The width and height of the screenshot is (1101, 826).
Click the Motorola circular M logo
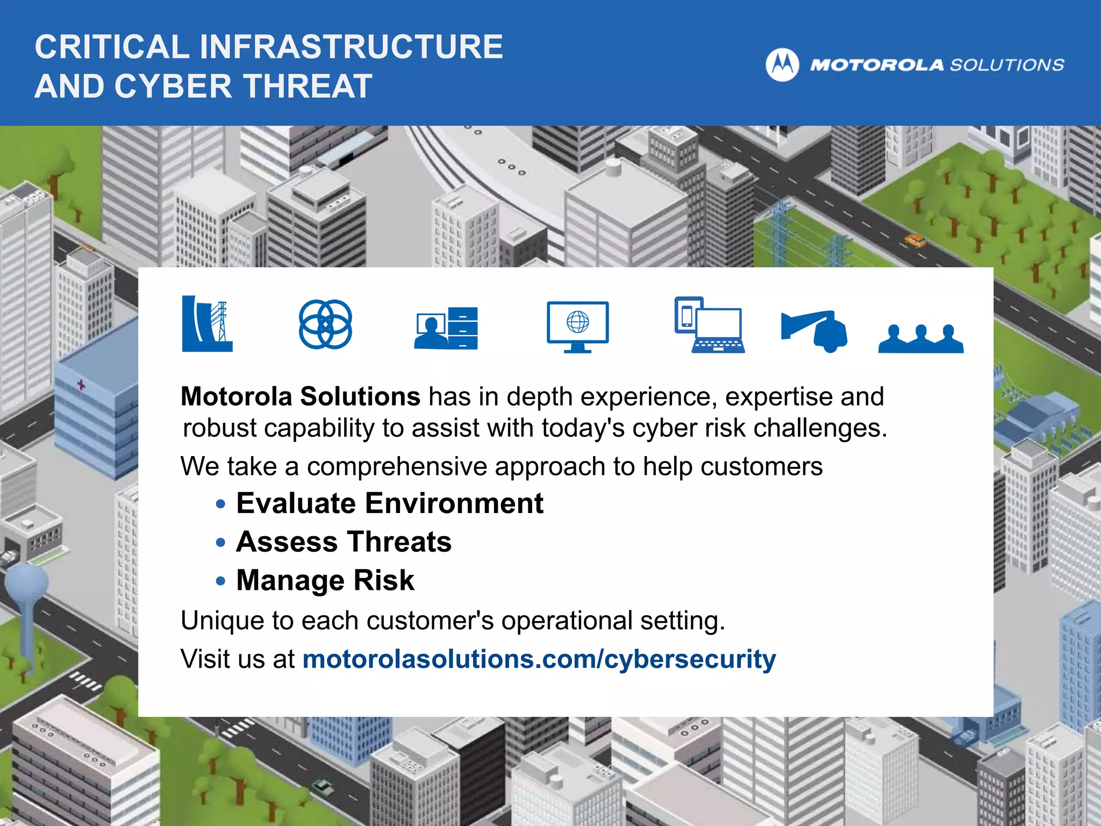[x=782, y=65]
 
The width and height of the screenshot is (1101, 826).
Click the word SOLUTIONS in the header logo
[x=1007, y=65]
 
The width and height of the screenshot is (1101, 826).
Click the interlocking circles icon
[x=325, y=324]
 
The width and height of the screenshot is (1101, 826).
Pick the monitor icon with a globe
[x=577, y=326]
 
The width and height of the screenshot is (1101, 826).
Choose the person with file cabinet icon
[x=446, y=328]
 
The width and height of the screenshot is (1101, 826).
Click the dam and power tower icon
[x=207, y=324]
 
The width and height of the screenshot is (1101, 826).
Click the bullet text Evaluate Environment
[x=390, y=503]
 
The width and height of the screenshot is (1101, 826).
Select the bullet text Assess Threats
[x=344, y=542]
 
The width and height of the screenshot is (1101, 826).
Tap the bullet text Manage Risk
[x=325, y=580]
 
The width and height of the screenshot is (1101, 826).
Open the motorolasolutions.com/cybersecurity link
[x=539, y=659]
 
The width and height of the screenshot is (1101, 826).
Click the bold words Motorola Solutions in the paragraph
[x=300, y=396]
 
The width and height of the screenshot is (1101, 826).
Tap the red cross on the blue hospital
[x=81, y=384]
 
